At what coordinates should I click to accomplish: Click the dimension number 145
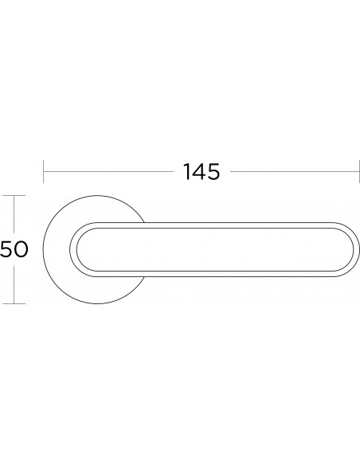[202, 172]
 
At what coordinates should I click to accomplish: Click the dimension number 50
[14, 249]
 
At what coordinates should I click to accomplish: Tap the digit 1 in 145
[187, 172]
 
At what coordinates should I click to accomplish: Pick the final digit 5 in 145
[213, 172]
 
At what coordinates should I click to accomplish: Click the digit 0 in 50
[21, 249]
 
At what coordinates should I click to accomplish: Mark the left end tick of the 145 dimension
[44, 171]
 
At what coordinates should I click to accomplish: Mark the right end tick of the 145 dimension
[359, 171]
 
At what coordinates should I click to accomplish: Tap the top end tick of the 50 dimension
[14, 195]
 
